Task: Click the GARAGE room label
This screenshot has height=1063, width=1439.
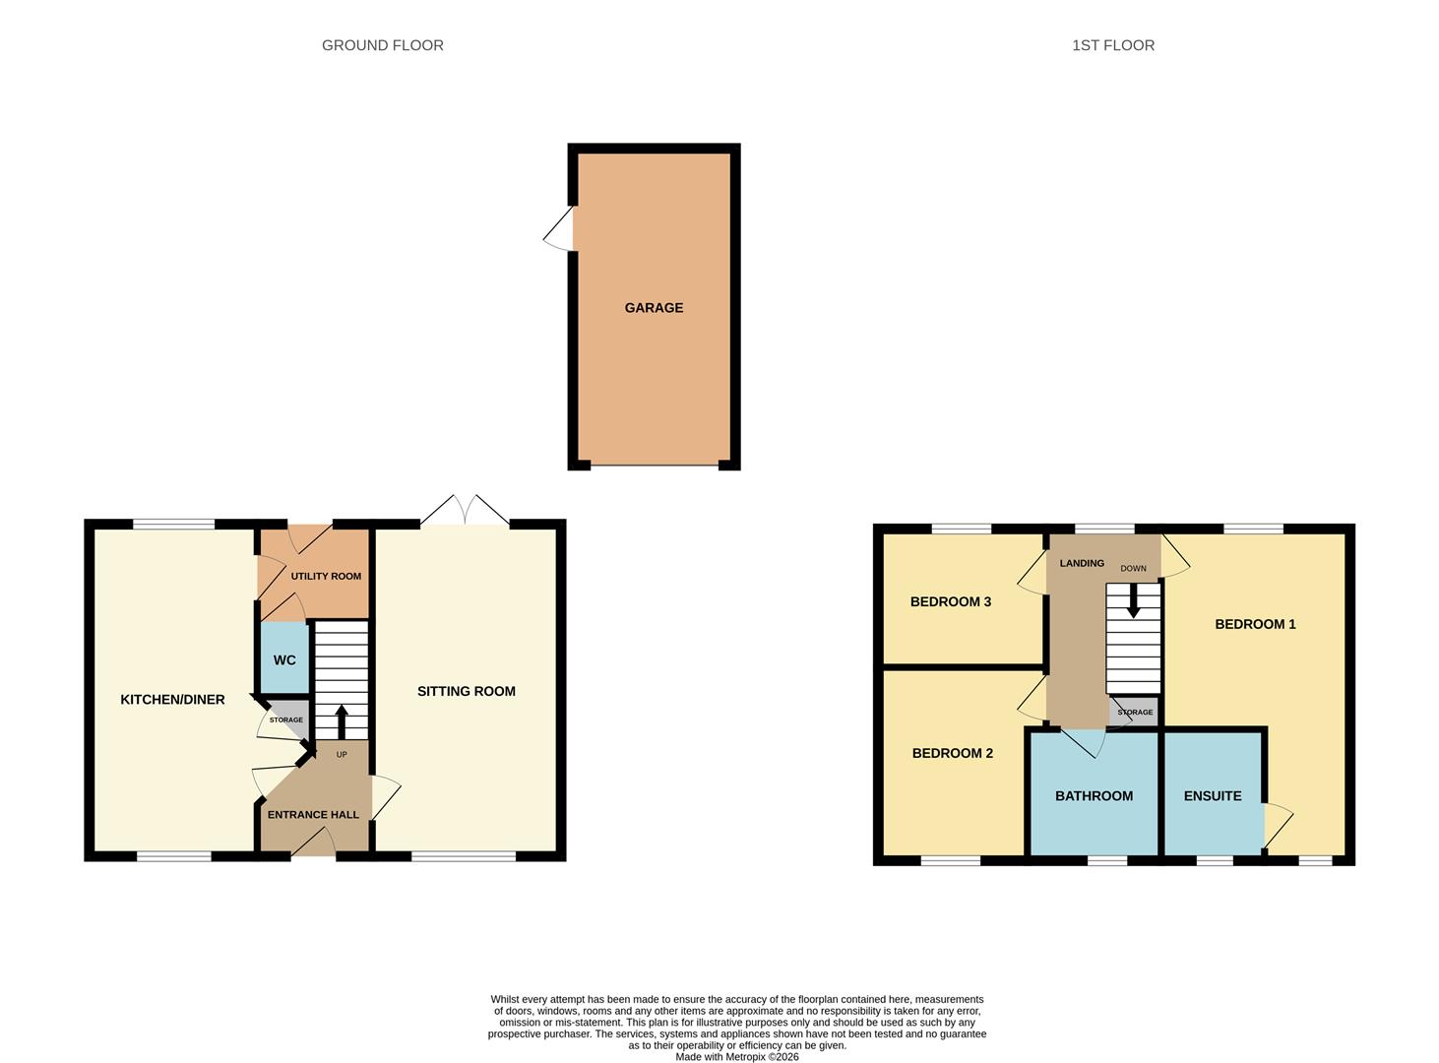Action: click(x=654, y=308)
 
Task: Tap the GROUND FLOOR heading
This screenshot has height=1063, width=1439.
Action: click(x=382, y=45)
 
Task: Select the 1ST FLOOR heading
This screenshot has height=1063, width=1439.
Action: click(x=1112, y=45)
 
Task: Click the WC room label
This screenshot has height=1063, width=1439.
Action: click(x=284, y=660)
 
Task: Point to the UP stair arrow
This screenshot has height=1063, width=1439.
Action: click(x=342, y=721)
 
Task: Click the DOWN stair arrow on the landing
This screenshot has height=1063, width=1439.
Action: click(x=1133, y=601)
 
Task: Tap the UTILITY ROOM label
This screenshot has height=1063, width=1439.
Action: click(x=326, y=576)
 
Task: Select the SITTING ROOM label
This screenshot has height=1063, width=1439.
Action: click(x=466, y=691)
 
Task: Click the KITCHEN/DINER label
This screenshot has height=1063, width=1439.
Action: click(x=172, y=700)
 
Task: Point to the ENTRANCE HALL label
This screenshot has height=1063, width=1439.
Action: click(x=313, y=814)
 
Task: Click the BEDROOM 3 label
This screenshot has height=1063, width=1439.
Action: click(x=951, y=601)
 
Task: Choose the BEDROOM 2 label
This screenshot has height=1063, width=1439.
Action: click(x=953, y=753)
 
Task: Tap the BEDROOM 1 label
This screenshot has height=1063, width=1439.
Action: click(x=1255, y=624)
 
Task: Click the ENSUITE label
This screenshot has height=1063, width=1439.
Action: click(x=1212, y=795)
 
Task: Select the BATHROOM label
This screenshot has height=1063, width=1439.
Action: click(x=1094, y=795)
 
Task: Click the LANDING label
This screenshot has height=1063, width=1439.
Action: click(x=1082, y=563)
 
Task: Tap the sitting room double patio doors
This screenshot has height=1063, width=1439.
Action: click(x=465, y=510)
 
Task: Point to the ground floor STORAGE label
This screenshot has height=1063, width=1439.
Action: click(x=286, y=719)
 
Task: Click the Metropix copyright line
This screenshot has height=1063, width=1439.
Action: click(x=737, y=1056)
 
